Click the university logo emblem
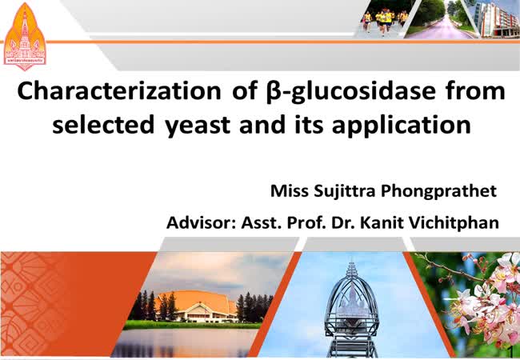click(x=25, y=36)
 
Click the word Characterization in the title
click(x=119, y=91)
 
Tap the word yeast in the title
click(x=198, y=126)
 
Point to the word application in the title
click(x=402, y=126)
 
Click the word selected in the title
click(x=103, y=124)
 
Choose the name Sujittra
click(x=344, y=192)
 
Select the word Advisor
click(x=200, y=222)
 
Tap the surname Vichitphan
click(x=454, y=222)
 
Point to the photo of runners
click(x=386, y=18)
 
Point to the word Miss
click(x=290, y=191)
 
